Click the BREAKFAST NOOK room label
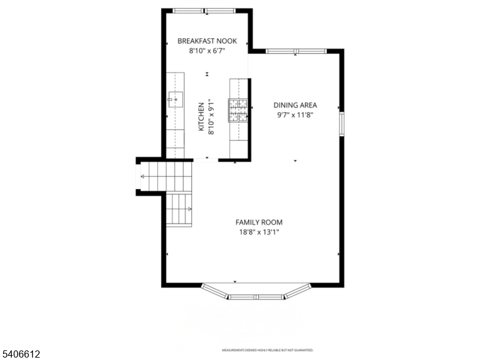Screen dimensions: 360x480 point(207,41)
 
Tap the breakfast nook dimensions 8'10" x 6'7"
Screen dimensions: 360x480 point(207,52)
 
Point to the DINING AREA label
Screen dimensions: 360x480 point(295,105)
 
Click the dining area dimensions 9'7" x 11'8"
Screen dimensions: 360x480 point(295,115)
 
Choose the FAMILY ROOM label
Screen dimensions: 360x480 point(259,222)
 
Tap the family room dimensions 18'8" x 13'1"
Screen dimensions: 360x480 point(259,232)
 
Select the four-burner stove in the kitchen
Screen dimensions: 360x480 point(238,109)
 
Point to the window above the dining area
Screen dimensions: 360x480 point(296,51)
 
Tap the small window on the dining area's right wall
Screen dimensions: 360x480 point(342,122)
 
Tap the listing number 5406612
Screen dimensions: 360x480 point(20,355)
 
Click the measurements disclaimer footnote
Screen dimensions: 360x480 point(268,350)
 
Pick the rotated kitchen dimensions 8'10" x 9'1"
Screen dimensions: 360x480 point(211,116)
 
